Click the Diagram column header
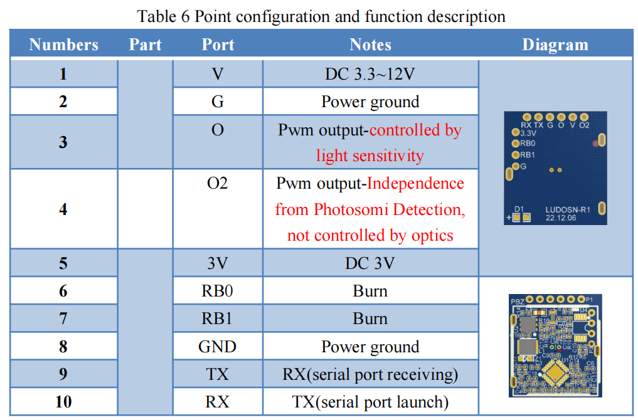pos(555,45)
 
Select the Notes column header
pos(370,45)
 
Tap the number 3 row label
pos(63,142)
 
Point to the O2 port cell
pos(217,184)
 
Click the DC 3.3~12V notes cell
pos(370,74)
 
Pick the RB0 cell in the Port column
pos(217,291)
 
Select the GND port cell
pos(217,347)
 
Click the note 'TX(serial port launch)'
pos(370,402)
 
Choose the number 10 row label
pos(63,402)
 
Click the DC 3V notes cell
pos(370,263)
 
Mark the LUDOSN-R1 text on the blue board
pos(568,210)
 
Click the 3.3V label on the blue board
pos(528,134)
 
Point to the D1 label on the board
pos(519,209)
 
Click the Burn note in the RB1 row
pos(370,319)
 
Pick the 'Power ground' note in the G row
pos(370,102)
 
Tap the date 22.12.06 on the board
pos(561,218)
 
